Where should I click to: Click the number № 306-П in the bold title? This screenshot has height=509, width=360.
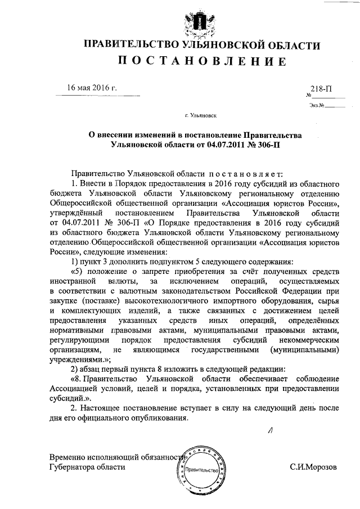coord(261,145)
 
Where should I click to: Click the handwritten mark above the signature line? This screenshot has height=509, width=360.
coord(270,431)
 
